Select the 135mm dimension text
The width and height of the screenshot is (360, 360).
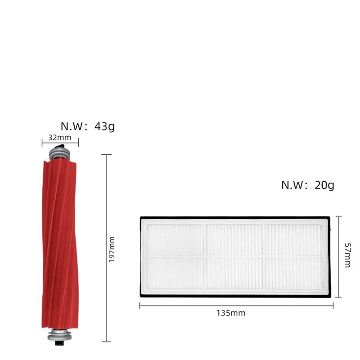(x=230, y=313)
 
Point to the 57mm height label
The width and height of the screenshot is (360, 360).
(x=346, y=255)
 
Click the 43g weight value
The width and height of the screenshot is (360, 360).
(x=104, y=126)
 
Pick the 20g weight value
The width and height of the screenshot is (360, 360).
(x=324, y=185)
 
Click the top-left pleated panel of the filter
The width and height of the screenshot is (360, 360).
(x=176, y=239)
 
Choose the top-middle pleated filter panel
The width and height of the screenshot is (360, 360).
(x=234, y=239)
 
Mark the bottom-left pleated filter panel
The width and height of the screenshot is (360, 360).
(x=176, y=273)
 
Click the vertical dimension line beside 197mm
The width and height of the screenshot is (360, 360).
(x=106, y=202)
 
